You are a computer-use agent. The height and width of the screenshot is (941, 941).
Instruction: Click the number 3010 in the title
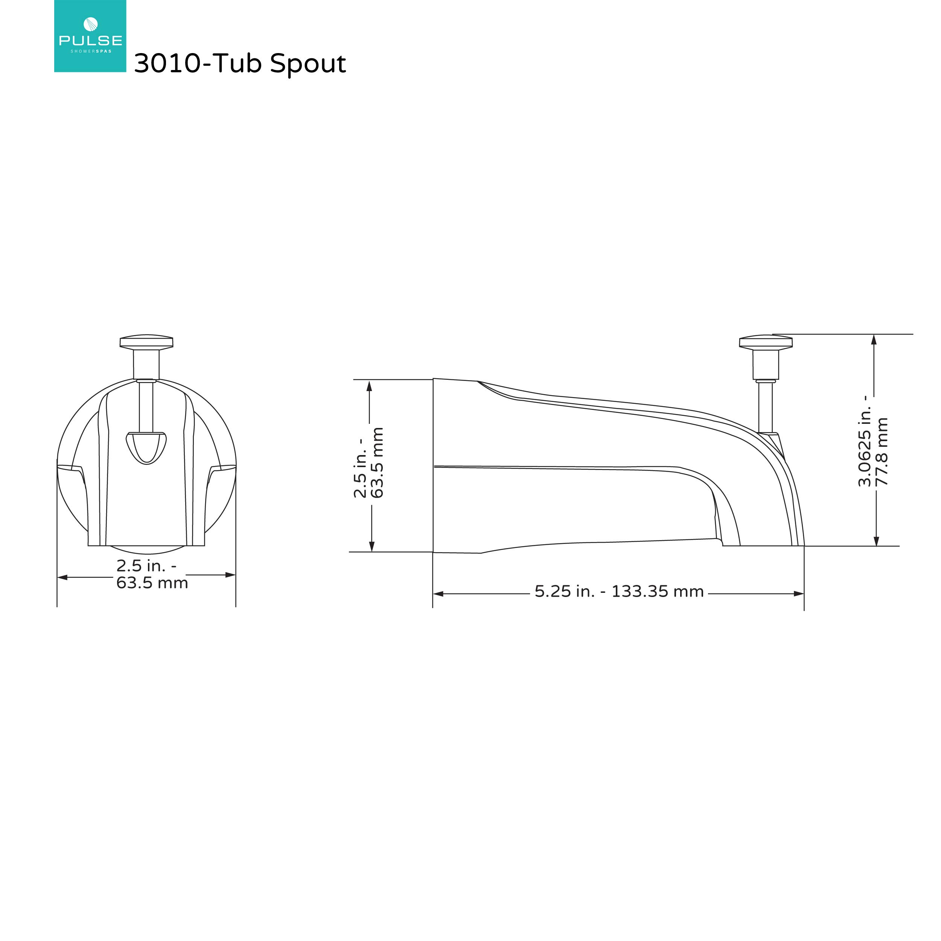(x=167, y=63)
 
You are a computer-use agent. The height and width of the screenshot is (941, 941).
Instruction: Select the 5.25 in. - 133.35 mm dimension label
(x=619, y=592)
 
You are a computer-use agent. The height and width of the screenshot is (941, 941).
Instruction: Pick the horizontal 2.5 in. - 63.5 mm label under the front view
(x=151, y=574)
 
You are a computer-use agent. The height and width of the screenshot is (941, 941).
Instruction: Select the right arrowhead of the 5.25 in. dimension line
(x=798, y=594)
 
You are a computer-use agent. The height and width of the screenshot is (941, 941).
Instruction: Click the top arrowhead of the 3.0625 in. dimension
(x=874, y=340)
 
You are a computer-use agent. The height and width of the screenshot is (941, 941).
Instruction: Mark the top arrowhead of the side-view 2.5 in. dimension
(x=369, y=386)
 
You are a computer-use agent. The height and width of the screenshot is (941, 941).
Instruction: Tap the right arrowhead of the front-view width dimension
(x=230, y=575)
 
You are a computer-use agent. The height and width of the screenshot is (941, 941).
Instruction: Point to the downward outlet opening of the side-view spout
(x=762, y=545)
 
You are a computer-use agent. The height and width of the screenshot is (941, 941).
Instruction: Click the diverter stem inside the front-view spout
(x=146, y=407)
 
